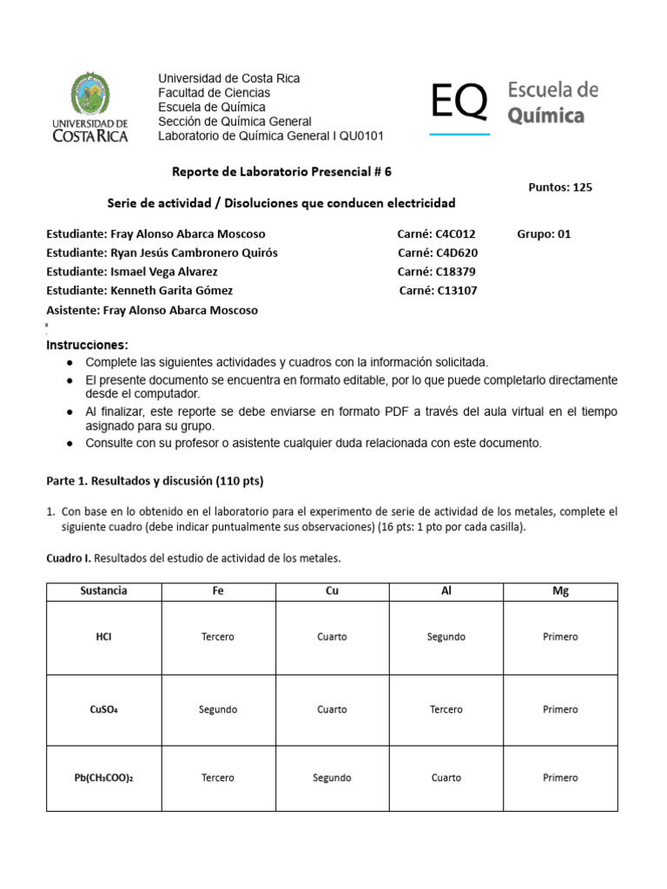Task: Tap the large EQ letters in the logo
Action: tap(459, 103)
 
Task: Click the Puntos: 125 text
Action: tap(560, 187)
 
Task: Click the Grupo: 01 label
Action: tap(544, 234)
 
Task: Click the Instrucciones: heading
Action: tap(86, 345)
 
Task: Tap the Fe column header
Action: tap(218, 590)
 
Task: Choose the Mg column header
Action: tap(560, 590)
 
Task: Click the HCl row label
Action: tap(103, 636)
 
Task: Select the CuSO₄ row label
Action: tap(103, 709)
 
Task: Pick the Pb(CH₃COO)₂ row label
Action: tap(103, 778)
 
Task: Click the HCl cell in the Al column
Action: tap(446, 636)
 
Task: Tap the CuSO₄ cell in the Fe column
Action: tap(218, 709)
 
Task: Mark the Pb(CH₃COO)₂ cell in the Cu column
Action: tap(332, 778)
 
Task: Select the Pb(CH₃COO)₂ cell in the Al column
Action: tap(446, 778)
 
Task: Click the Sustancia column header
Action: tap(103, 590)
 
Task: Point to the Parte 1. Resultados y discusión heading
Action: tap(154, 480)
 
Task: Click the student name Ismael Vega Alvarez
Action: tap(162, 272)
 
